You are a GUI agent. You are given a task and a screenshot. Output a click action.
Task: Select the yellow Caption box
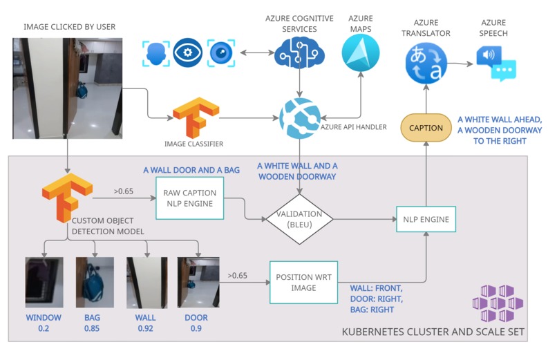426,128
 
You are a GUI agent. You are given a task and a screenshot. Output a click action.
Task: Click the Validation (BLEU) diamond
299,219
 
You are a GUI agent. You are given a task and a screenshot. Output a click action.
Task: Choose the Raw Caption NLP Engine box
191,198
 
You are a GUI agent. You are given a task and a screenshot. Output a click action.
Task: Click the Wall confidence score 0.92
144,328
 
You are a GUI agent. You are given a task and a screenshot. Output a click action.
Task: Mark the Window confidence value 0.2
44,328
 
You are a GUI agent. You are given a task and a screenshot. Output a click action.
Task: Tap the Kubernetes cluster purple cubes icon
498,302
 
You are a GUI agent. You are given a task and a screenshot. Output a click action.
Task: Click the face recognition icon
155,53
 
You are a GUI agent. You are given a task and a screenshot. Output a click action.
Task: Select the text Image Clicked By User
69,27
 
